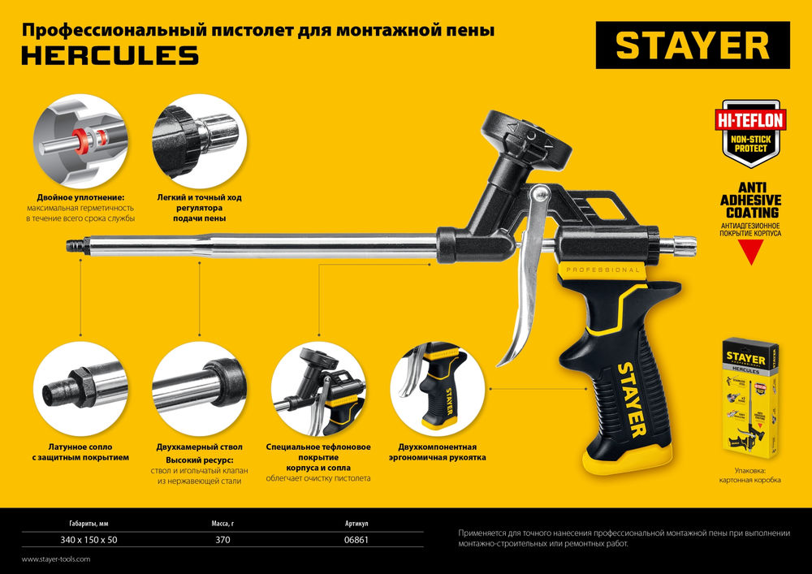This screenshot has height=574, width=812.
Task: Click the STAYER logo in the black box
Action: click(693, 46)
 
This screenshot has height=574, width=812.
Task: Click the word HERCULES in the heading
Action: click(110, 55)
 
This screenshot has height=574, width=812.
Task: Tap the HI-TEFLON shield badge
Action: click(749, 130)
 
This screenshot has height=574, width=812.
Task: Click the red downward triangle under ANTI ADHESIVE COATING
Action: click(749, 252)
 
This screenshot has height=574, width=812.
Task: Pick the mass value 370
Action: click(222, 540)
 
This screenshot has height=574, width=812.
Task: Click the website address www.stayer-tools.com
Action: click(55, 559)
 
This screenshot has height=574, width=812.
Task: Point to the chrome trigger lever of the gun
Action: click(525, 292)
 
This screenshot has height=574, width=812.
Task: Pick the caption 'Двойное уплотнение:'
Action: click(80, 197)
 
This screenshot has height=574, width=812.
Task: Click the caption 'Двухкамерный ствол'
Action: click(200, 447)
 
